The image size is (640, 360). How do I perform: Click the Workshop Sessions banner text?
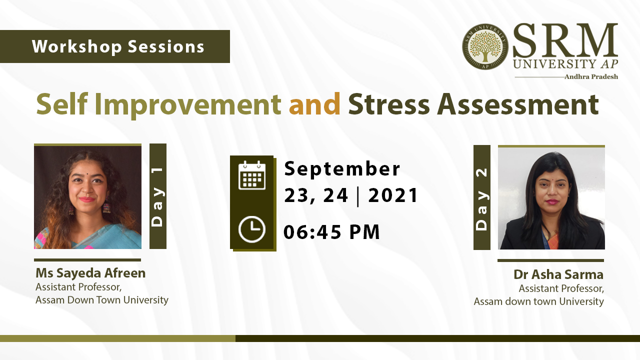pos(118,46)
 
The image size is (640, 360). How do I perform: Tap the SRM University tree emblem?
pos(485,46)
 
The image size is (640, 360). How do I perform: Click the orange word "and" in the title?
pos(314,104)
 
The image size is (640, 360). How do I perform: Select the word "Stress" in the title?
pos(389,104)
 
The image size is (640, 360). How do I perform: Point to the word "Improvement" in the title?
pos(187,105)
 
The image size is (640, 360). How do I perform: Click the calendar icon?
pos(252,175)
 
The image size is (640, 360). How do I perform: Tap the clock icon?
pos(251,229)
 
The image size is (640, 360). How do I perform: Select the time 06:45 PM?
pos(331,231)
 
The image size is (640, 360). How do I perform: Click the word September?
pos(342,169)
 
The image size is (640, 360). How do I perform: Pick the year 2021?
pos(393,195)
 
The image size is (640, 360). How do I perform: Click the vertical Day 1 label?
pos(157,196)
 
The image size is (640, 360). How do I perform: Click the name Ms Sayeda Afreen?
pos(90,273)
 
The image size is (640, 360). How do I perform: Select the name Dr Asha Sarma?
pos(558,274)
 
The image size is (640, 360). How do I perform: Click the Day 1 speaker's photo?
pos(87,197)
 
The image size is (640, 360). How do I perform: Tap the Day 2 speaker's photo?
pos(551,198)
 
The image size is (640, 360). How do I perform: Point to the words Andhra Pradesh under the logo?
pos(591,76)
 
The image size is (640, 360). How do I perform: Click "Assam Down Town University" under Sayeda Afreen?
pos(101,300)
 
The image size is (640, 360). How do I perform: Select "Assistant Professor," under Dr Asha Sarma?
pos(561,288)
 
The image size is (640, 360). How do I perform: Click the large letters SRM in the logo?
pos(565,40)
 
